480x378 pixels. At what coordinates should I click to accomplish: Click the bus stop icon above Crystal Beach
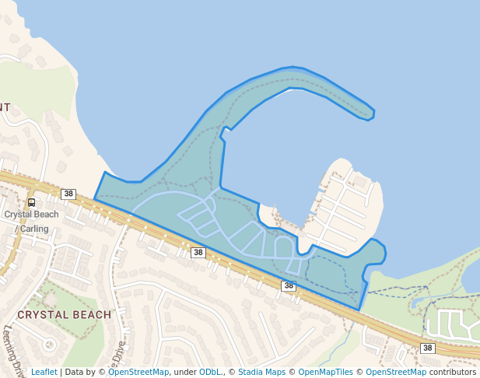pyautogui.click(x=31, y=202)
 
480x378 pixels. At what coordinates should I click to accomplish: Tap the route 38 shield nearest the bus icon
pyautogui.click(x=68, y=194)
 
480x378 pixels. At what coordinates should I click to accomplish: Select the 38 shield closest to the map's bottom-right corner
pyautogui.click(x=427, y=348)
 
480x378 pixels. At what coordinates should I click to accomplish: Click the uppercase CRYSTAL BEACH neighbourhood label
pyautogui.click(x=64, y=315)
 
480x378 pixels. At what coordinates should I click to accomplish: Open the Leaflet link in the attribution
pyautogui.click(x=44, y=372)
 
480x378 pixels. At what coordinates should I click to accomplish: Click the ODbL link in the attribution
pyautogui.click(x=210, y=372)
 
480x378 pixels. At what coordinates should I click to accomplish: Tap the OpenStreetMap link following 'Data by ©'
pyautogui.click(x=138, y=372)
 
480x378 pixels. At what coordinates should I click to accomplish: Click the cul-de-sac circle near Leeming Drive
pyautogui.click(x=49, y=344)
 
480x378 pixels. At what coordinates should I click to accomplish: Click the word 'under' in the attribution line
pyautogui.click(x=185, y=372)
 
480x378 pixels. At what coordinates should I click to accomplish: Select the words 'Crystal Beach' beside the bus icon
pyautogui.click(x=31, y=215)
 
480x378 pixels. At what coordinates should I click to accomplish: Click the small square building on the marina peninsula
pyautogui.click(x=359, y=182)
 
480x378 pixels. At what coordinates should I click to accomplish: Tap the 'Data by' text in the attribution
pyautogui.click(x=80, y=372)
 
